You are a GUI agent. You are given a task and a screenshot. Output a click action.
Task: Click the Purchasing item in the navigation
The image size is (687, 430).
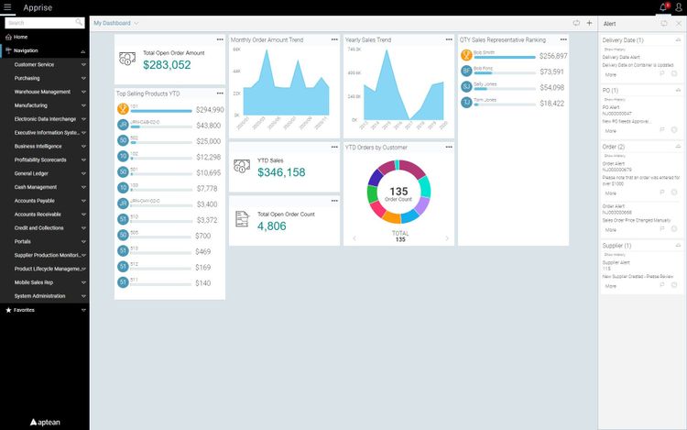[x=27, y=78]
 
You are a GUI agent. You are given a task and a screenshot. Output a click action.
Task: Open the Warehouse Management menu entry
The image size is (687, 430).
[x=42, y=92]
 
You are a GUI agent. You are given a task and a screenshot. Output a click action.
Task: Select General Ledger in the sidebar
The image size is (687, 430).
[x=31, y=173]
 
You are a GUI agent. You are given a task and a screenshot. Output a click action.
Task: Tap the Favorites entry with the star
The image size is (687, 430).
[x=24, y=310]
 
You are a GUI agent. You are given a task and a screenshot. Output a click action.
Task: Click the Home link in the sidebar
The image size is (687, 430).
[x=20, y=37]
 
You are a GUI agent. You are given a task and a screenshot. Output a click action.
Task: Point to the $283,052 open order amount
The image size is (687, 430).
[x=167, y=65]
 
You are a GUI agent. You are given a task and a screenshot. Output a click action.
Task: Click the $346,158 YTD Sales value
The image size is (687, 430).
[x=281, y=172]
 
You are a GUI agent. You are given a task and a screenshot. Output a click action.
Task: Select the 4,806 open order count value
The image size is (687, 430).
[x=273, y=226]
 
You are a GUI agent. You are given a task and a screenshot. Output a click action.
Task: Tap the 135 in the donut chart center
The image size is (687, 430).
[x=398, y=191]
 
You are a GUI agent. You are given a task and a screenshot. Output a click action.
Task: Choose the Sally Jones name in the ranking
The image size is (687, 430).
[x=485, y=83]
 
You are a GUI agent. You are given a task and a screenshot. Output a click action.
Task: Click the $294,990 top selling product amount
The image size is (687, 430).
[x=208, y=110]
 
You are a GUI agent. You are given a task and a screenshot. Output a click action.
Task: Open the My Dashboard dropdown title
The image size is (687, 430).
[x=116, y=22]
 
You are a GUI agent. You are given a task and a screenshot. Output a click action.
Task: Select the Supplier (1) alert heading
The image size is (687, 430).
[x=616, y=246]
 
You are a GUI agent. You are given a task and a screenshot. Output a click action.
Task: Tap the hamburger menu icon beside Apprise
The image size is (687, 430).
[x=7, y=7]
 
